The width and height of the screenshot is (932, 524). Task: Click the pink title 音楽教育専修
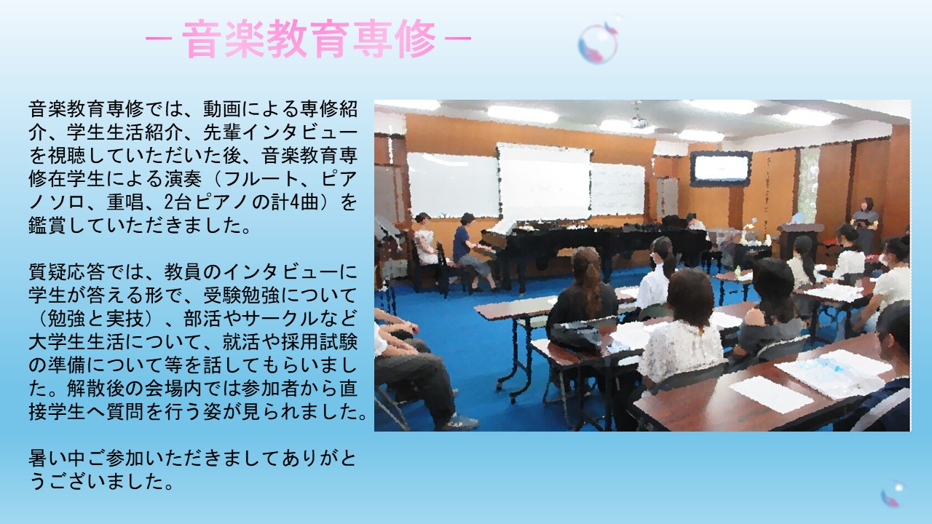coord(309,39)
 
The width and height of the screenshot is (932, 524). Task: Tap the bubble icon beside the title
coord(599,41)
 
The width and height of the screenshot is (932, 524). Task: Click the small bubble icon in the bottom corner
coord(892,494)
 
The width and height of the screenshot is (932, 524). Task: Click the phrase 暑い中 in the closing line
coord(57,458)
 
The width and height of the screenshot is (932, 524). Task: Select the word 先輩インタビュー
coord(280,132)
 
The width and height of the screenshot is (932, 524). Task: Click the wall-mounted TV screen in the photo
coord(721,168)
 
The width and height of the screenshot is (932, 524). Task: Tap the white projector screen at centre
coord(544,182)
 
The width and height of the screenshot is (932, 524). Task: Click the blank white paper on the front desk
coord(770,394)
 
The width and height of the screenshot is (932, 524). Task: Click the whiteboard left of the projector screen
coord(453,185)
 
